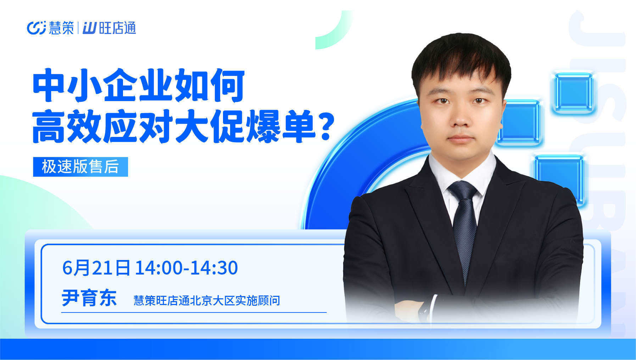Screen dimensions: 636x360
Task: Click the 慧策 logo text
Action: tap(61, 28)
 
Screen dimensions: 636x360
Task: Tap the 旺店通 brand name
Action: tap(117, 28)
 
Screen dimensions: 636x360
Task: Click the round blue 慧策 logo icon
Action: tap(37, 28)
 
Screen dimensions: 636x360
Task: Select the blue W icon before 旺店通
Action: tap(89, 28)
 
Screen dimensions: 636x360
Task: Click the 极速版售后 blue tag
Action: tap(80, 167)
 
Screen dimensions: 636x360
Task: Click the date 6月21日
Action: tap(96, 268)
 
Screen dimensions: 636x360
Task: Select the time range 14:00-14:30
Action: tap(186, 268)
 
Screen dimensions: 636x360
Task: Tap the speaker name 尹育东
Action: tap(89, 298)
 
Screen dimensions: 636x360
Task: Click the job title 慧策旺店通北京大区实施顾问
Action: tap(207, 300)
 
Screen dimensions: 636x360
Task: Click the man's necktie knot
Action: tap(463, 191)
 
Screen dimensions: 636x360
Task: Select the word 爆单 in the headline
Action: tap(281, 127)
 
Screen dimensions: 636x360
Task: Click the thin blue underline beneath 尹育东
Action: tap(194, 312)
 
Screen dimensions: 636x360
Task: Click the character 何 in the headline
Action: tap(227, 85)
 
